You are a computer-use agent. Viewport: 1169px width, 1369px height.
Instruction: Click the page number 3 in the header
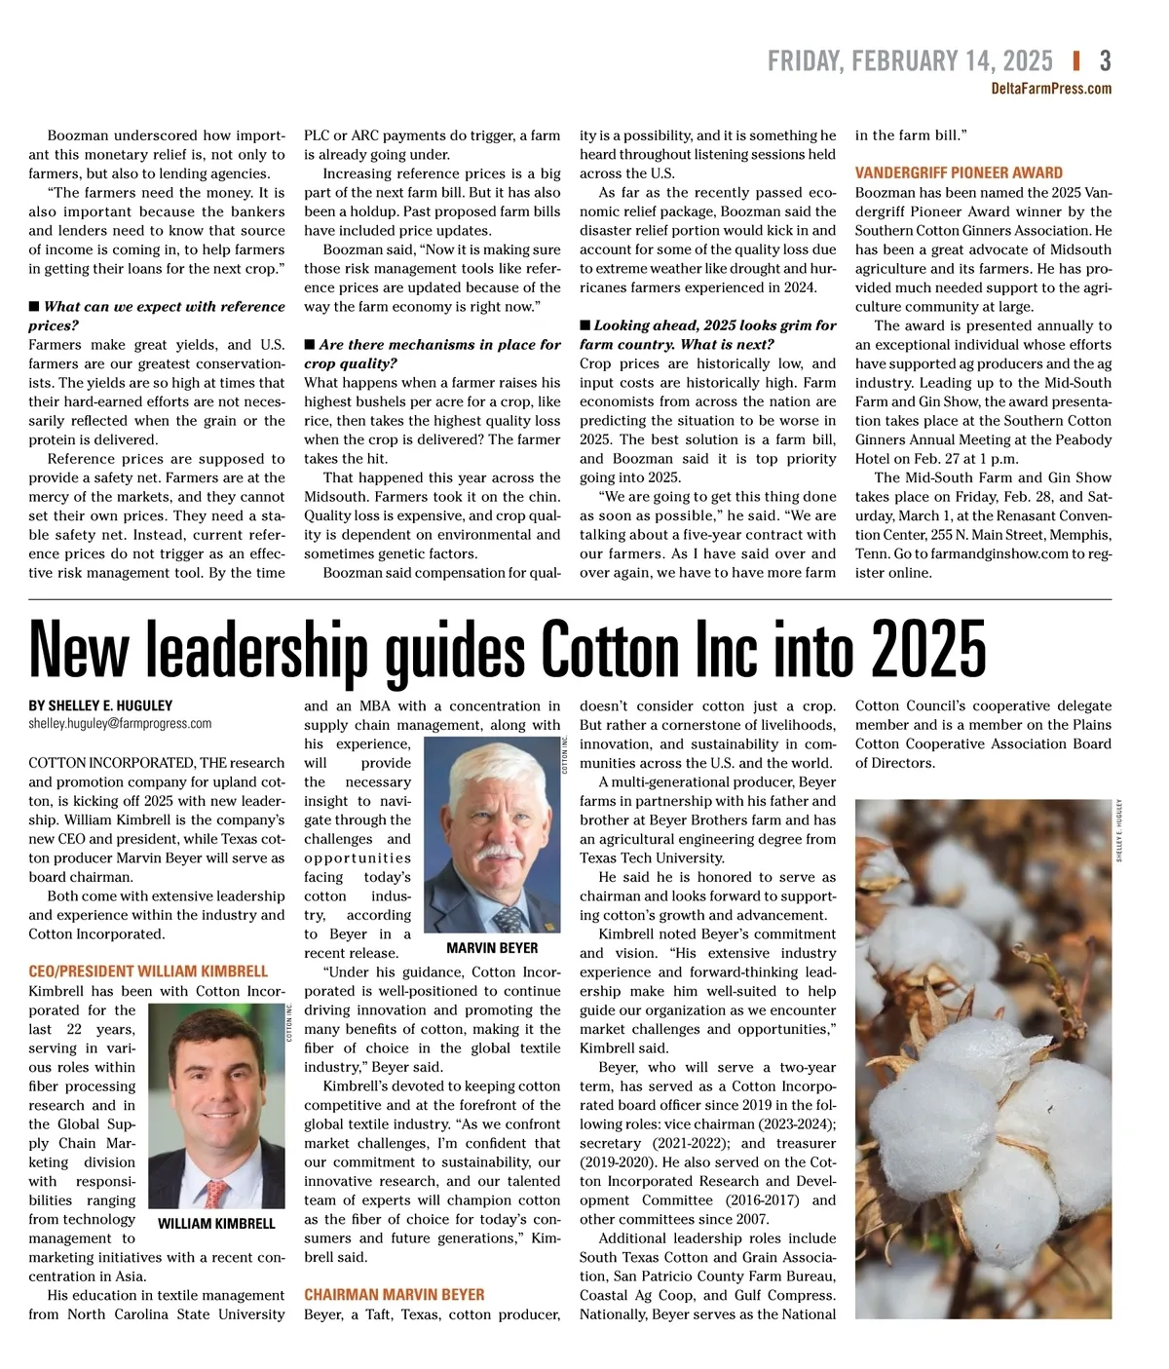(x=1105, y=61)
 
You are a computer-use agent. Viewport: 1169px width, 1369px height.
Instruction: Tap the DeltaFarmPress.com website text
(x=1051, y=89)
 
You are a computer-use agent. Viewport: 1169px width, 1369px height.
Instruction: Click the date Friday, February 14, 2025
(x=910, y=61)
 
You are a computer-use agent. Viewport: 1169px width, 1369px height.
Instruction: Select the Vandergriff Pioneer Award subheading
(x=959, y=172)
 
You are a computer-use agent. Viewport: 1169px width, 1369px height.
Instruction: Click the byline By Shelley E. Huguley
(x=100, y=705)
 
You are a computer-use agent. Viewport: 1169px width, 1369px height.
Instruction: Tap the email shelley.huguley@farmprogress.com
(x=120, y=724)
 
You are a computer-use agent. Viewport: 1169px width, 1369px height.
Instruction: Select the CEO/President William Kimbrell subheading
(x=148, y=971)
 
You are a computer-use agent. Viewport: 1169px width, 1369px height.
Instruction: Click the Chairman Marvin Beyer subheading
(x=394, y=1295)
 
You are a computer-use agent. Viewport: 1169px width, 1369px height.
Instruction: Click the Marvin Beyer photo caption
(x=492, y=947)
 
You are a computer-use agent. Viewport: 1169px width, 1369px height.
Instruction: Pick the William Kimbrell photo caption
(x=216, y=1224)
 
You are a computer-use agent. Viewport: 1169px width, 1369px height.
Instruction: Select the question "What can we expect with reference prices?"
(x=156, y=316)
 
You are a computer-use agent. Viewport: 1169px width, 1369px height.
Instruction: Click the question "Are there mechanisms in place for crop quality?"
(x=432, y=354)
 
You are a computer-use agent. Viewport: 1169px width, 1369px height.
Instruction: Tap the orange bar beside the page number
(x=1075, y=61)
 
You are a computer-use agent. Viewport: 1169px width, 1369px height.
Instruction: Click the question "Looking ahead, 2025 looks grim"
(x=708, y=335)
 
